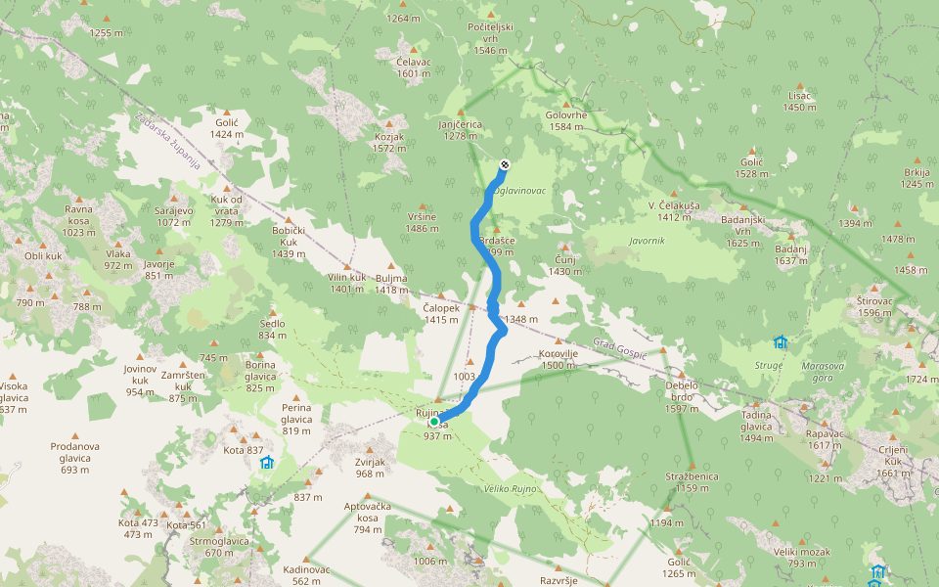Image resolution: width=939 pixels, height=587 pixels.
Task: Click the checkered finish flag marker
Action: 505,164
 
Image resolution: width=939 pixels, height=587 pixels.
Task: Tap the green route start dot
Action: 434,422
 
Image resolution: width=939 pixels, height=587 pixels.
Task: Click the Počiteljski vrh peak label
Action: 491,39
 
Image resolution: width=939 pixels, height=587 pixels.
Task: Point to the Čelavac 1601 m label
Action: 414,67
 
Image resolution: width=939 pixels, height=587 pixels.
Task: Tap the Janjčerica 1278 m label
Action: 461,130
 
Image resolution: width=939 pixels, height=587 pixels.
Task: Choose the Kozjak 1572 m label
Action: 389,143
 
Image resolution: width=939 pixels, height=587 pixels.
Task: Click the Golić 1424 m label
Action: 227,128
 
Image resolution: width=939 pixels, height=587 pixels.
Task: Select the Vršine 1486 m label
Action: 422,222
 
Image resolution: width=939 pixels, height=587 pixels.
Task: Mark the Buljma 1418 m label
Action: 391,284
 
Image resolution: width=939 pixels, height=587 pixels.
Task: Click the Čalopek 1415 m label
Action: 441,313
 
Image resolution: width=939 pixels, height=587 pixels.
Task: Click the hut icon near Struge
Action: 780,342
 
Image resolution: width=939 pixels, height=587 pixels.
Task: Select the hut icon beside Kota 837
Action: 266,462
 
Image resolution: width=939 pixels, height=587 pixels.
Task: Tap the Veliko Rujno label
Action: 511,488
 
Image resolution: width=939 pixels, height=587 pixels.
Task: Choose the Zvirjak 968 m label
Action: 370,468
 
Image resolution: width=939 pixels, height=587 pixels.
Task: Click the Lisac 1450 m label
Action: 799,101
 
